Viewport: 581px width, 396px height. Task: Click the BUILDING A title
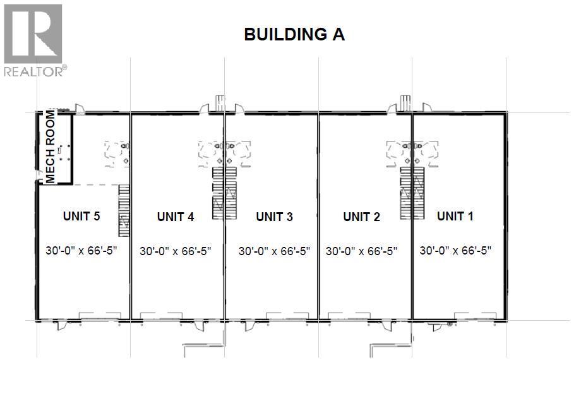pyautogui.click(x=294, y=35)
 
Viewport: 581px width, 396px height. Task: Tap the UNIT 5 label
pyautogui.click(x=81, y=216)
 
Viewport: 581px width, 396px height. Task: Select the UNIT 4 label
pyautogui.click(x=176, y=217)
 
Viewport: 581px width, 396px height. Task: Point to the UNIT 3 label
pyautogui.click(x=274, y=217)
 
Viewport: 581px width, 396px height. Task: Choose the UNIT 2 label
pyautogui.click(x=361, y=217)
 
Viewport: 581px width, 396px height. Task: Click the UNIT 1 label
pyautogui.click(x=455, y=216)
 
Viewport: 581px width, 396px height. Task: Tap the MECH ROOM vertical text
pyautogui.click(x=51, y=147)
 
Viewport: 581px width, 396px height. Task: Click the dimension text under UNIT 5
pyautogui.click(x=82, y=249)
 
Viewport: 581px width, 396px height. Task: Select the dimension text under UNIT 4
pyautogui.click(x=176, y=251)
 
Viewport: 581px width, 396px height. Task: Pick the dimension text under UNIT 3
pyautogui.click(x=274, y=251)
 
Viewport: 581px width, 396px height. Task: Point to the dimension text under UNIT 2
pyautogui.click(x=361, y=251)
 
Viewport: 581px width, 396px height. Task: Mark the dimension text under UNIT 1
pyautogui.click(x=455, y=249)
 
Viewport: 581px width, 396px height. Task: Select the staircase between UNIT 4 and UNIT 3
pyautogui.click(x=225, y=193)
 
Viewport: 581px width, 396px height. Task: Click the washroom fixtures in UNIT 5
pyautogui.click(x=117, y=152)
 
